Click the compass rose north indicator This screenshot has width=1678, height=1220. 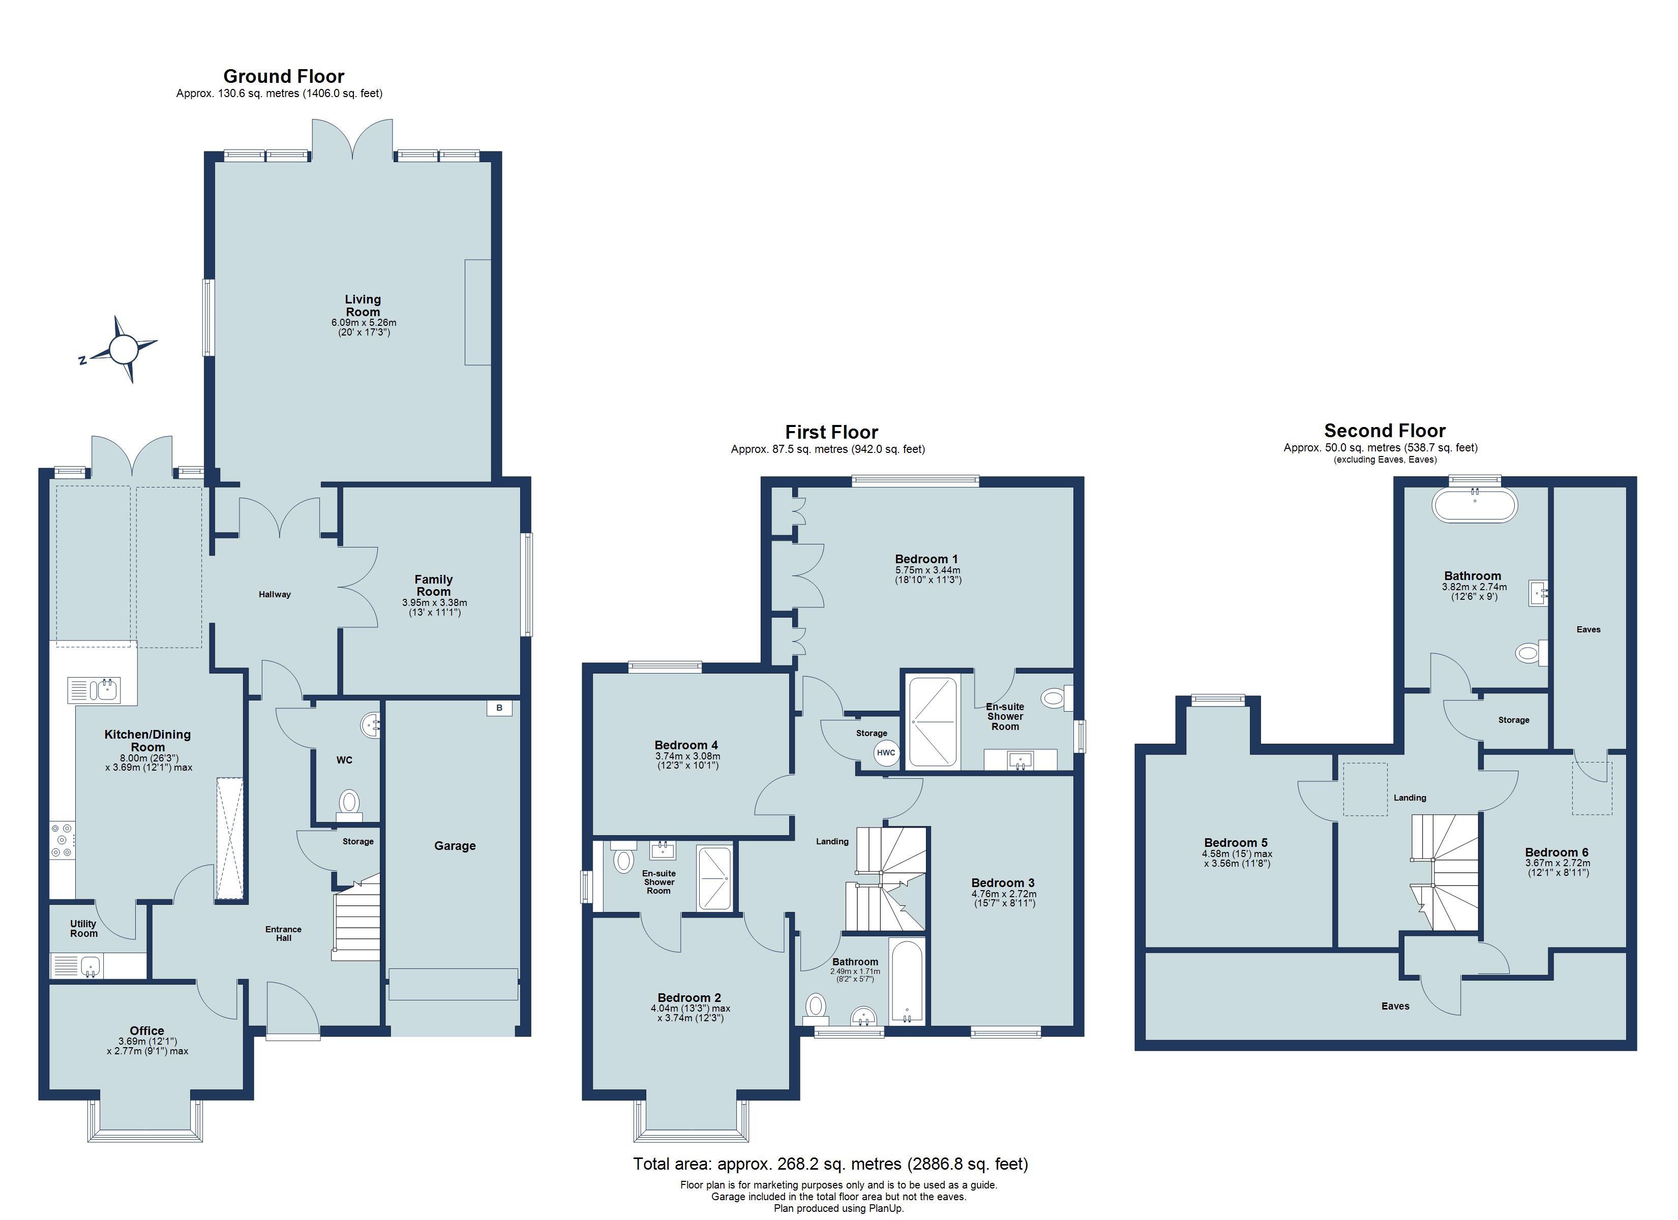click(83, 360)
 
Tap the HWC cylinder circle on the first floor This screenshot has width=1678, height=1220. click(886, 752)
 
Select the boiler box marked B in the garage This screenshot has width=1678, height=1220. click(499, 708)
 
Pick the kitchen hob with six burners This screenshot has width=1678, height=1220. click(62, 841)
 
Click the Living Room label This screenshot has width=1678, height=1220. click(363, 306)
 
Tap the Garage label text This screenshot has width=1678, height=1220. click(455, 846)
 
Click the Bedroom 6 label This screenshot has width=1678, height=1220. click(1556, 852)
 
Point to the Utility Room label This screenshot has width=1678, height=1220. click(83, 929)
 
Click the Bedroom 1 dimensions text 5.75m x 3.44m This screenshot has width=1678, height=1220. click(928, 570)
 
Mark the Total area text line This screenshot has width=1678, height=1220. click(830, 1164)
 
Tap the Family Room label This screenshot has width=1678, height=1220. click(434, 585)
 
